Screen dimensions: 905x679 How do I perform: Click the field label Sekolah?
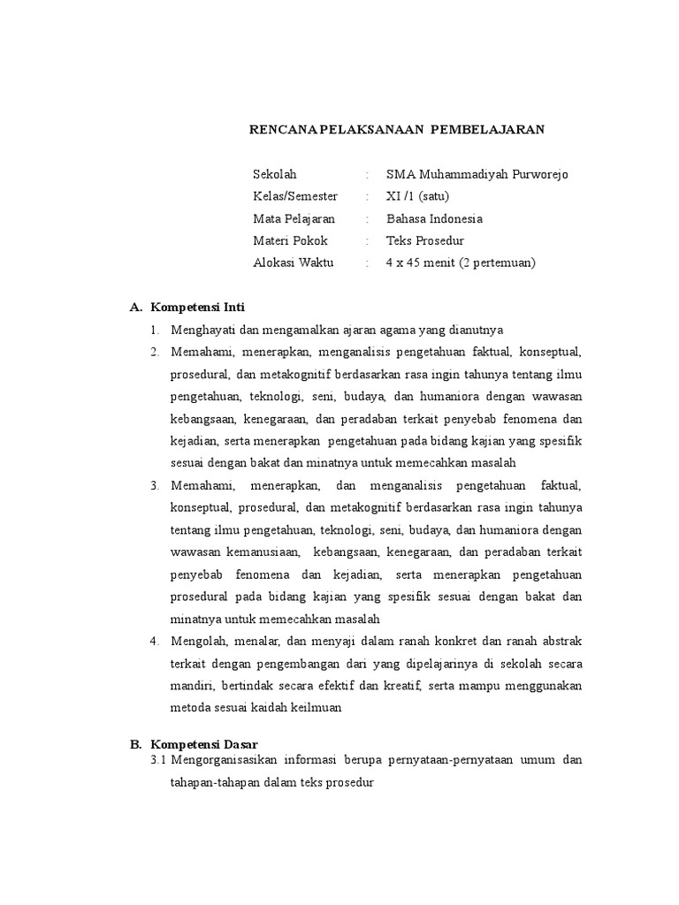point(275,174)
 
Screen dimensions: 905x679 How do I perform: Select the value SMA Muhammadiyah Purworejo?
point(477,174)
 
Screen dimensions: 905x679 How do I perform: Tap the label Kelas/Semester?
point(295,196)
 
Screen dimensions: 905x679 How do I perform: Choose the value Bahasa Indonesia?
point(435,218)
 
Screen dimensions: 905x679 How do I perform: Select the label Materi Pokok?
point(290,240)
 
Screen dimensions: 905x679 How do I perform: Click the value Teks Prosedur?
point(425,240)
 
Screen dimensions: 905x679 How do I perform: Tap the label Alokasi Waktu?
point(294,262)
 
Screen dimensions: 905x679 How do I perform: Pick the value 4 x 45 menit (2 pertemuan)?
point(462,262)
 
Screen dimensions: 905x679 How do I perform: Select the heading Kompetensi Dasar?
point(203,745)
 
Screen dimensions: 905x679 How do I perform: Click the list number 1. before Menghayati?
point(154,331)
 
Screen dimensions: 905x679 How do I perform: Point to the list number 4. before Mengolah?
point(154,640)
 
